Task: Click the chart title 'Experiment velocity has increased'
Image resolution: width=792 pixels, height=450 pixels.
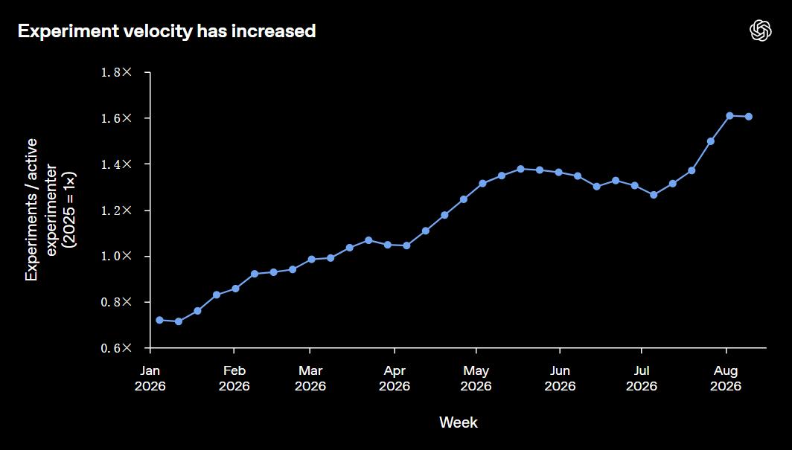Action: coord(167,31)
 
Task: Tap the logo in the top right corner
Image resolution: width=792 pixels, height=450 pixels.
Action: coord(760,30)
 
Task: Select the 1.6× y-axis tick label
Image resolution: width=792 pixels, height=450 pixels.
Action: coord(116,118)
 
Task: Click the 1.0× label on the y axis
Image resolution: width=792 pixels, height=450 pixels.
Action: coord(116,256)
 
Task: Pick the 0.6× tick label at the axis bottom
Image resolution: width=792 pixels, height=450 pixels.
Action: coord(116,348)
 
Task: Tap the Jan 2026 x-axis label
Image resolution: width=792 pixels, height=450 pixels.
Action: coord(150,379)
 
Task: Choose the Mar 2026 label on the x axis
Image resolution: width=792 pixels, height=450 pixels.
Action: coord(310,379)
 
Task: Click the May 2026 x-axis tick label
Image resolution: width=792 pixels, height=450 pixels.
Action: coord(476,379)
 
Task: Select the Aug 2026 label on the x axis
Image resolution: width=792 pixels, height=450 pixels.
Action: coord(726,379)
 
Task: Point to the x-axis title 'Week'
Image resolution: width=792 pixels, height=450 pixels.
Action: coord(459,422)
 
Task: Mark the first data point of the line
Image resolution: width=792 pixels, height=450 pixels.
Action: coord(159,320)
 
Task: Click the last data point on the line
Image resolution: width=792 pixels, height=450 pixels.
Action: coord(749,117)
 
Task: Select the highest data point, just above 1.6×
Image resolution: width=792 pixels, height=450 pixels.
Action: coord(729,115)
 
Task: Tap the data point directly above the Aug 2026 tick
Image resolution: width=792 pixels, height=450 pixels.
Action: coord(729,115)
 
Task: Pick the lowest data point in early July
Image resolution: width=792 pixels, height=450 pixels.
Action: coord(654,195)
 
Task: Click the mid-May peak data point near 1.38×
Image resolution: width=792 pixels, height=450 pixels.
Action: coord(520,169)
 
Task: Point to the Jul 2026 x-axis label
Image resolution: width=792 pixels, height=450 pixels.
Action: coord(642,379)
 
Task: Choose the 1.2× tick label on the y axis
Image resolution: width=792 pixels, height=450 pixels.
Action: coord(116,210)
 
